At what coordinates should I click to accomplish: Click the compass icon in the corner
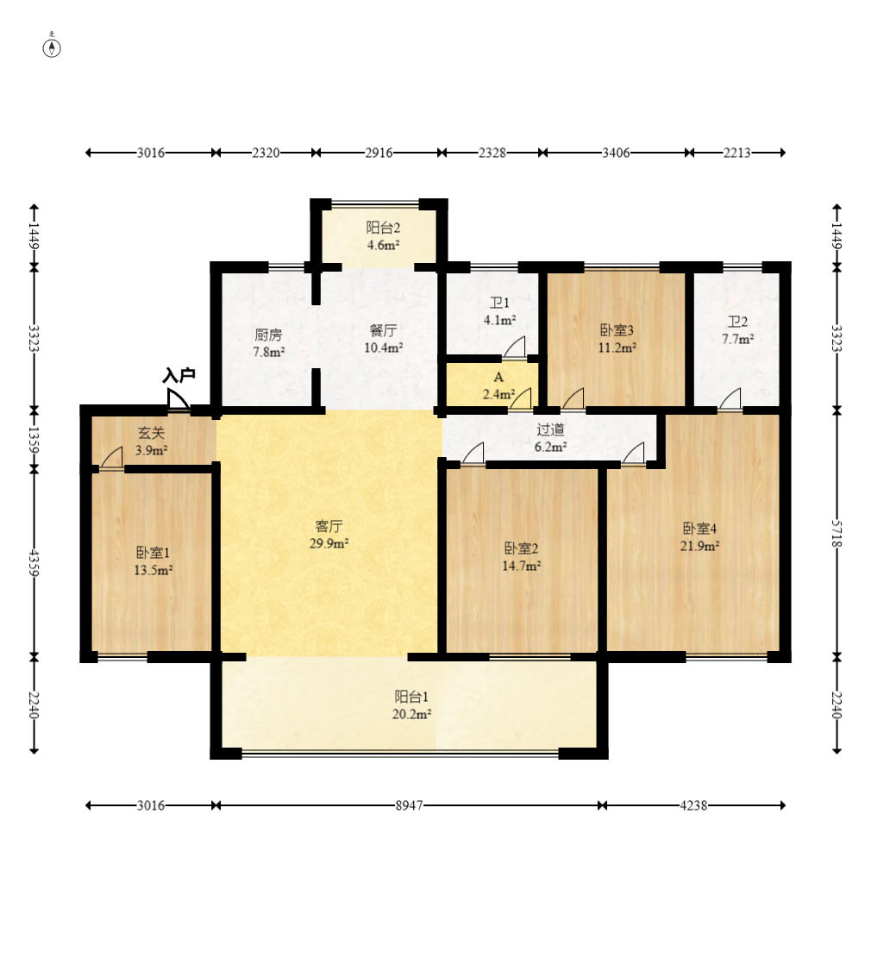[x=52, y=47]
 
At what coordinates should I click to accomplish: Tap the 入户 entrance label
[x=179, y=375]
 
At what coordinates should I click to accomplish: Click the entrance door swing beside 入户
[x=178, y=399]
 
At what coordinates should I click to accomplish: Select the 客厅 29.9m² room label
[x=329, y=535]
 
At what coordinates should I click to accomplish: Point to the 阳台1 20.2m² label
[x=411, y=705]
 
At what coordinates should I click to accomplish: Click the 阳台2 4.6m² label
[x=383, y=236]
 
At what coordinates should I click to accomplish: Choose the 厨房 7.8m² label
[x=268, y=343]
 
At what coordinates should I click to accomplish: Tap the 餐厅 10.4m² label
[x=383, y=339]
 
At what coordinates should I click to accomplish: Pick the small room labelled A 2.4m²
[x=498, y=385]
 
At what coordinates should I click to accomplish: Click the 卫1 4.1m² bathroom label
[x=499, y=311]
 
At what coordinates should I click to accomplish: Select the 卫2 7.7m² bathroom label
[x=737, y=330]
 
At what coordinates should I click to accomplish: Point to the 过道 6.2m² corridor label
[x=550, y=438]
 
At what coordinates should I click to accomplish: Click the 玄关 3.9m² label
[x=151, y=441]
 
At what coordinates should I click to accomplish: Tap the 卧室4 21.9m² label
[x=700, y=536]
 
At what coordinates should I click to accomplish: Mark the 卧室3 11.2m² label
[x=617, y=339]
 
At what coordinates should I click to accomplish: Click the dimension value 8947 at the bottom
[x=409, y=805]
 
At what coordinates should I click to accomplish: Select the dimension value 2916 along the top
[x=379, y=152]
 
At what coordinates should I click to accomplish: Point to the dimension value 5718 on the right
[x=837, y=535]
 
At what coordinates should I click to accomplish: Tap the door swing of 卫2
[x=730, y=398]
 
